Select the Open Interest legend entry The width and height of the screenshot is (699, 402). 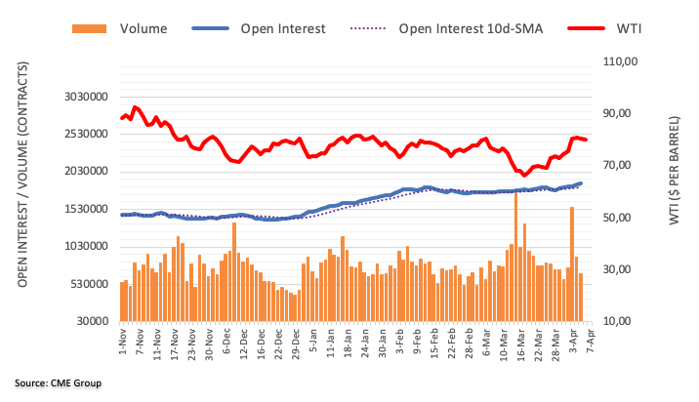tap(282, 28)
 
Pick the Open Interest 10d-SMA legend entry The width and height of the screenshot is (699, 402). tap(460, 28)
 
